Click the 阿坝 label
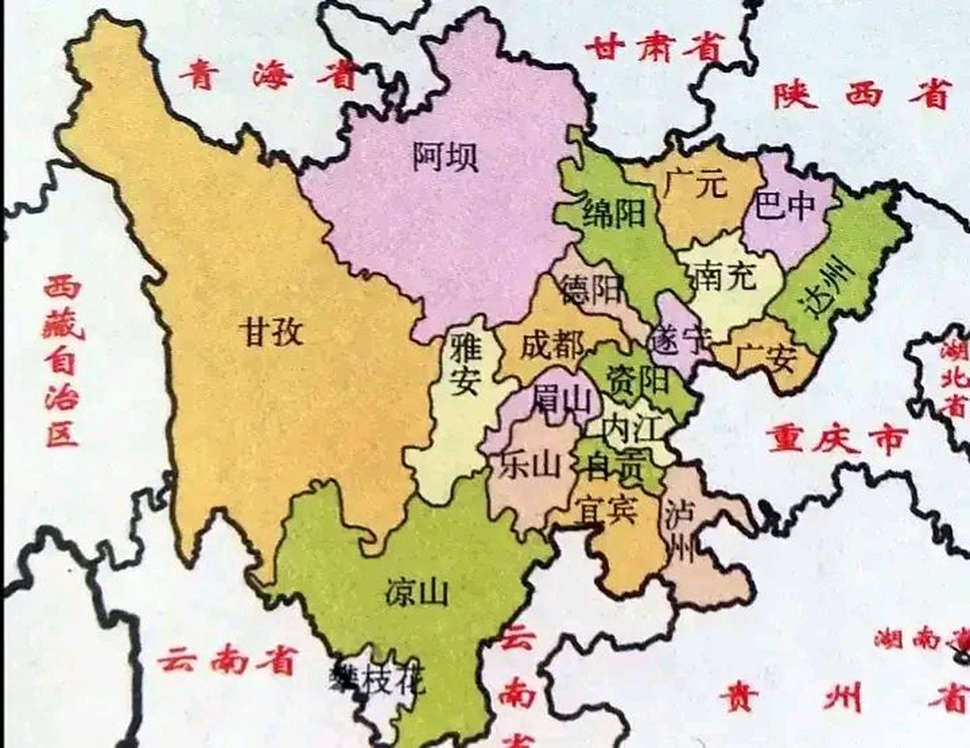(x=446, y=156)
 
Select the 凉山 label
(x=417, y=592)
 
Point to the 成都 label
(x=552, y=345)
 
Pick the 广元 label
(x=695, y=183)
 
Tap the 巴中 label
(x=785, y=205)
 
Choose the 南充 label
(x=726, y=275)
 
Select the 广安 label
(x=764, y=358)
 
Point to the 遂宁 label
(x=680, y=339)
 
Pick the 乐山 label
(x=530, y=465)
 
